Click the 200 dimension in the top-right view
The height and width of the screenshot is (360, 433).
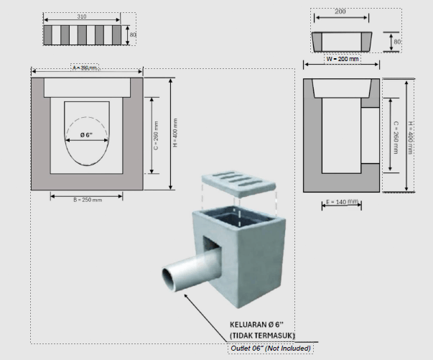point(340,12)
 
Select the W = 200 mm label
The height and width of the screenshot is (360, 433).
point(342,58)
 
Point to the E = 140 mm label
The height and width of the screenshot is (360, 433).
point(340,203)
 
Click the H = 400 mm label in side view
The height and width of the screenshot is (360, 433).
point(409,136)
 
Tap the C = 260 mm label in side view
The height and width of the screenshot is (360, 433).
point(395,136)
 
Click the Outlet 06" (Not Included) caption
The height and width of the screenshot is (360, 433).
point(271,349)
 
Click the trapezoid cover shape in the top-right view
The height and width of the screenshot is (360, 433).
point(341,42)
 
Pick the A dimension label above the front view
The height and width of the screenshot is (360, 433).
point(85,68)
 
